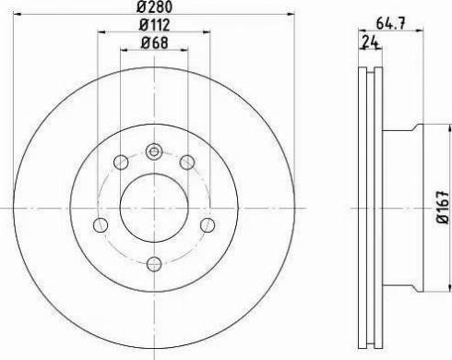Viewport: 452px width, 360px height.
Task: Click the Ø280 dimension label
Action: pos(154,6)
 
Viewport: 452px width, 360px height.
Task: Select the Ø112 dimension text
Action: pos(154,25)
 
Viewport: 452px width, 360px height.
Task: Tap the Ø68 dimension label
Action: pos(154,42)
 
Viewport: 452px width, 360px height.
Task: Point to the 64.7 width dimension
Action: pos(391,23)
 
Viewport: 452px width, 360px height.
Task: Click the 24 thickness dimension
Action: pos(370,42)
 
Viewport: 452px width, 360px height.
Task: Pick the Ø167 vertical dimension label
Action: pos(443,208)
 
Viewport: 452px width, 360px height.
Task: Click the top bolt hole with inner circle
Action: pos(154,151)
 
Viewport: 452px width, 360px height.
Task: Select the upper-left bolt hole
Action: pos(121,162)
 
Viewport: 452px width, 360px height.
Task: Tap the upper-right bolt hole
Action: pos(187,162)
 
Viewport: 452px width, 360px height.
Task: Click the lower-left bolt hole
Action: pos(101,225)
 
